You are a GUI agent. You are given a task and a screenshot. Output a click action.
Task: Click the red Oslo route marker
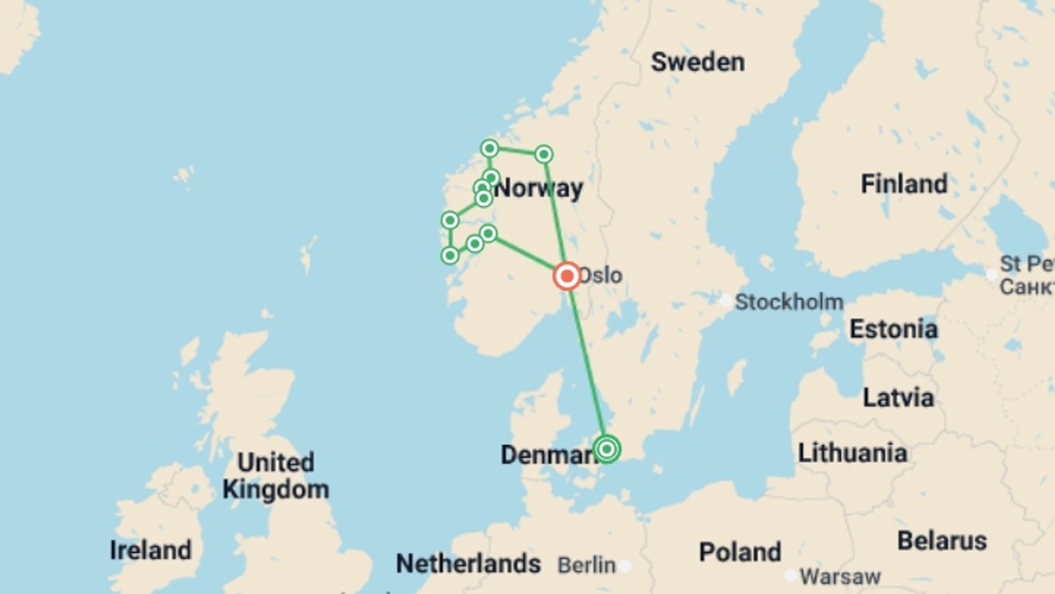567,276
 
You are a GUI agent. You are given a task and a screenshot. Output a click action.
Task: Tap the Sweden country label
698,62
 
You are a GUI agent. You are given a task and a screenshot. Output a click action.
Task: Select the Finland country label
904,184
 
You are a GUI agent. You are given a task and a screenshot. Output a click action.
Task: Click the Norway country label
538,189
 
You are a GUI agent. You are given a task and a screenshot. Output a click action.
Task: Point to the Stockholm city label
789,302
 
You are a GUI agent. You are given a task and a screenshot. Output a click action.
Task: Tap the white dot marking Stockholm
726,301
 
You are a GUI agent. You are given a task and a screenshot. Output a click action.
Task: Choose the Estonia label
893,329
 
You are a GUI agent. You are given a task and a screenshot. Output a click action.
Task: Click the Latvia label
898,398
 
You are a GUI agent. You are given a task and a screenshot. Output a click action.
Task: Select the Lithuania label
852,453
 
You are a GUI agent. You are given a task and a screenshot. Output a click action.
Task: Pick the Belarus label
942,541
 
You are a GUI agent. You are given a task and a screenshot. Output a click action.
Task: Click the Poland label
740,552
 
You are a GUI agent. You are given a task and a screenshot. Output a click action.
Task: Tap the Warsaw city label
840,577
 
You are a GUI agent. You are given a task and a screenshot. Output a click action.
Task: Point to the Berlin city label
586,565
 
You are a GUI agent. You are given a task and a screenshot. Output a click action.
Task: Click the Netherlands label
468,564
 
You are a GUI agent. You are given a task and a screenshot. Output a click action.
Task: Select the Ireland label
151,550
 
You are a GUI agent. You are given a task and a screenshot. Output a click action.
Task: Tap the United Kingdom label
276,476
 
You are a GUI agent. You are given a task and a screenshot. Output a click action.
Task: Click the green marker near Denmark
607,449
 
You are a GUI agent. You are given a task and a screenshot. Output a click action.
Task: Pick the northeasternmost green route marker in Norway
543,155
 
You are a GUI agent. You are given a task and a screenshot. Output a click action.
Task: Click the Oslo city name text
601,276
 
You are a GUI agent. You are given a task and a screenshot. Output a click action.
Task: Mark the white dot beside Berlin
625,565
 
